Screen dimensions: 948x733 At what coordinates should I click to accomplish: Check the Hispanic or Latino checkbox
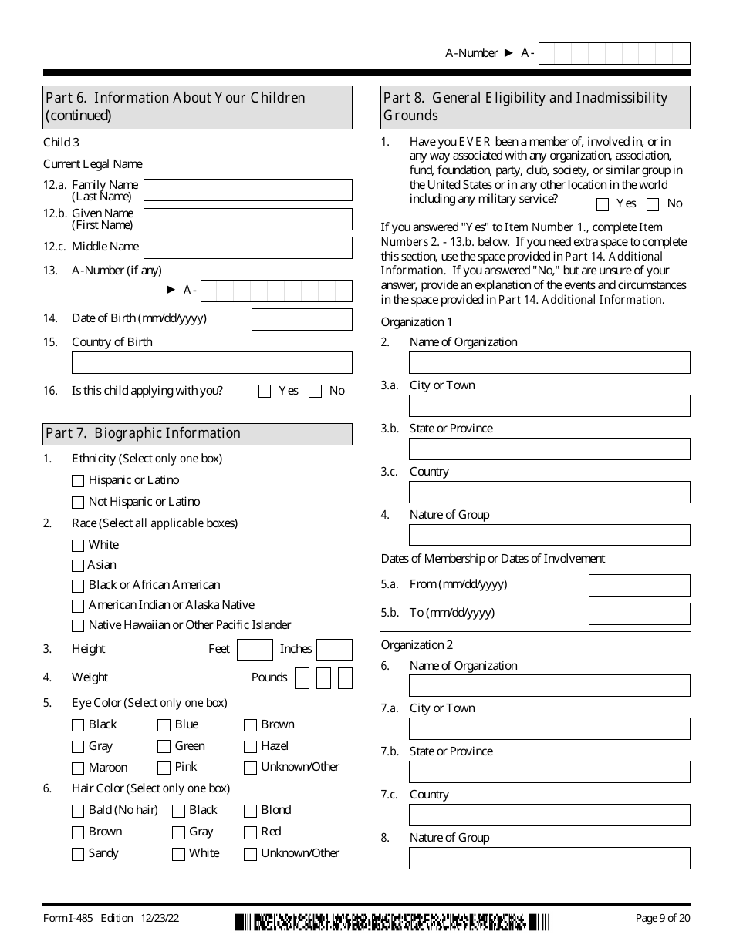(78, 481)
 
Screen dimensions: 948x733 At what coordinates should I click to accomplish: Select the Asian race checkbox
(78, 566)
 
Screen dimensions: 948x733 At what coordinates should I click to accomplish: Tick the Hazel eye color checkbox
(250, 747)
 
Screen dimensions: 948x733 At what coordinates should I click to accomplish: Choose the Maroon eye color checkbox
(78, 768)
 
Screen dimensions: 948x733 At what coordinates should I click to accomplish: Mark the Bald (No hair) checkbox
(78, 811)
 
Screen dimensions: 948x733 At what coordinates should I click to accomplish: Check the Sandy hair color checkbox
(78, 854)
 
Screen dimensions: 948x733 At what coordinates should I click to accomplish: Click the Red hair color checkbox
(250, 832)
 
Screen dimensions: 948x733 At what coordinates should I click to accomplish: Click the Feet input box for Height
(255, 650)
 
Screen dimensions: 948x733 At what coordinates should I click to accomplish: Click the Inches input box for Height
(334, 650)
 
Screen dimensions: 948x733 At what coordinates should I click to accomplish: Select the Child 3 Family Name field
(248, 190)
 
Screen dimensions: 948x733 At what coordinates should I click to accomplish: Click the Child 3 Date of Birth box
(302, 320)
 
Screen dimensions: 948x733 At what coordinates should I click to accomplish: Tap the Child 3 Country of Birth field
(211, 363)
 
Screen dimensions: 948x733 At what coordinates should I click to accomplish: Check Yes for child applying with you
(265, 392)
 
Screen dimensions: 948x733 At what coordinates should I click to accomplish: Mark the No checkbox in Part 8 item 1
(653, 205)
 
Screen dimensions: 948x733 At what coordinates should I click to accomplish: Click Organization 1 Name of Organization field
(549, 363)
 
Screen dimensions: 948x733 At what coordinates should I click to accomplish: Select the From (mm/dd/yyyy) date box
(639, 586)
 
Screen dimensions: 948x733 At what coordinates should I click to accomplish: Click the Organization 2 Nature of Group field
(549, 859)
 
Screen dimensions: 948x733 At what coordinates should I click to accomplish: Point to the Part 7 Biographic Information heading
(144, 433)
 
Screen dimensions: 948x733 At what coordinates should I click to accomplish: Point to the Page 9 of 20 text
(662, 918)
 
